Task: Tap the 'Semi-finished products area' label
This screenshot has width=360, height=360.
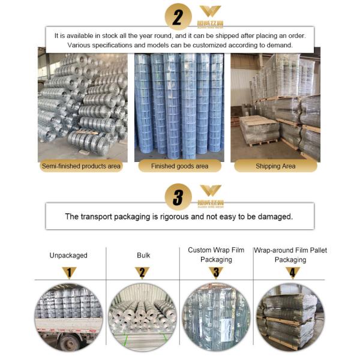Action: (x=81, y=166)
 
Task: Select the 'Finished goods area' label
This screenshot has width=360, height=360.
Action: (x=180, y=166)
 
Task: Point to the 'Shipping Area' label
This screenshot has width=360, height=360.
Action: (x=275, y=166)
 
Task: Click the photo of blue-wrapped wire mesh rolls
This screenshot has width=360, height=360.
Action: (x=179, y=105)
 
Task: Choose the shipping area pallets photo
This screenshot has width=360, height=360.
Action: (x=275, y=105)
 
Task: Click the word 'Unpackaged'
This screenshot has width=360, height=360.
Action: (x=68, y=255)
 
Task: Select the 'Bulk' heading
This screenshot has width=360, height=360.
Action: (x=143, y=255)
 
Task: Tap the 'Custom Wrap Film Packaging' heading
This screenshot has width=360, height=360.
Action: (x=216, y=254)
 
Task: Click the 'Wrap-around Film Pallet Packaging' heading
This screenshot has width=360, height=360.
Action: (x=290, y=254)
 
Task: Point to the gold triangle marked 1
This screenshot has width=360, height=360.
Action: (x=69, y=272)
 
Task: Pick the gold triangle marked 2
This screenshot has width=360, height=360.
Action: (x=143, y=272)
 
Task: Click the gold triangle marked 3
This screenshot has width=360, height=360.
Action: (x=216, y=272)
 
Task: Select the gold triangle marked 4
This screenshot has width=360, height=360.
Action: (x=290, y=272)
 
